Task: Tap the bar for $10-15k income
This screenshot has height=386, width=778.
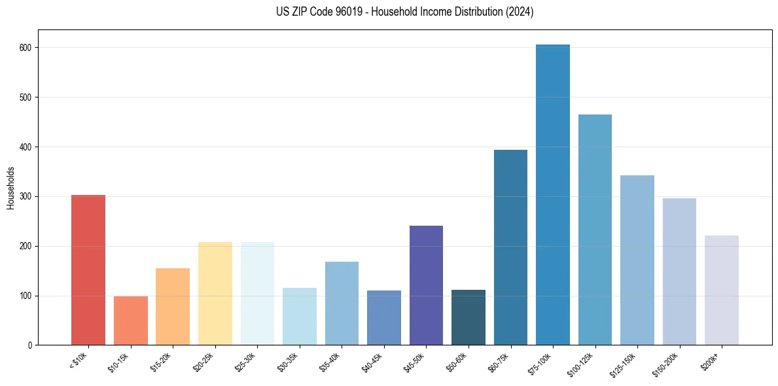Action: point(130,321)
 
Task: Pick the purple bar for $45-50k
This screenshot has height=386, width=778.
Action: point(426,285)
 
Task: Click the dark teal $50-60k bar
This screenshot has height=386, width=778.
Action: point(469,317)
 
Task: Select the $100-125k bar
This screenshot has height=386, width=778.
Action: point(595,230)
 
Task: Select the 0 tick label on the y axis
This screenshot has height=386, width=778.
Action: point(31,345)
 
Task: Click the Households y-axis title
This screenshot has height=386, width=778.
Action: point(10,188)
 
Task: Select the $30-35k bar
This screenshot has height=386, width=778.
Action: point(300,316)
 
